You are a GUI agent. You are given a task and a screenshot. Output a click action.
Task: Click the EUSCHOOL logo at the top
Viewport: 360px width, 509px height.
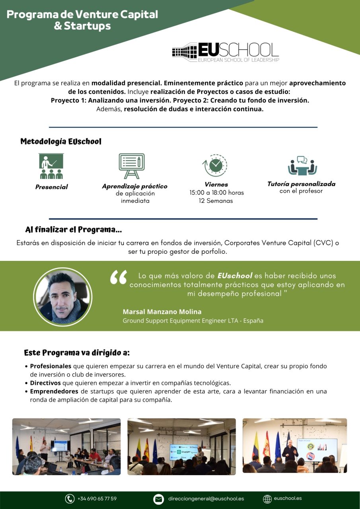pyautogui.click(x=226, y=52)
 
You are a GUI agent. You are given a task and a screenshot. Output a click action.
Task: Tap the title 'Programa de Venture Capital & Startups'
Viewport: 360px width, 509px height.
pyautogui.click(x=82, y=20)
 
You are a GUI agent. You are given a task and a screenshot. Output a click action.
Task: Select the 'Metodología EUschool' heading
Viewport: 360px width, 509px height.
pyautogui.click(x=61, y=142)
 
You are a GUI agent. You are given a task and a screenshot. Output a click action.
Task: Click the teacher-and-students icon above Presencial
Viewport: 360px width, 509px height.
pyautogui.click(x=51, y=166)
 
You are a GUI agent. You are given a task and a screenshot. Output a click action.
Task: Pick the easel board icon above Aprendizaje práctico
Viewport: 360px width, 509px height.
pyautogui.click(x=132, y=166)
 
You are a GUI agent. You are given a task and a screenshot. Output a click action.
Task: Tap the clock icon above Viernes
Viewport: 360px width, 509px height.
pyautogui.click(x=215, y=165)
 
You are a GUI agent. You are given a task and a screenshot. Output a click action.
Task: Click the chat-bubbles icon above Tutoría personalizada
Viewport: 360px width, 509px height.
pyautogui.click(x=302, y=166)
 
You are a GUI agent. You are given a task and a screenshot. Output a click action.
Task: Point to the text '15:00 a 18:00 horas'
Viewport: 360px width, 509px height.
pyautogui.click(x=216, y=192)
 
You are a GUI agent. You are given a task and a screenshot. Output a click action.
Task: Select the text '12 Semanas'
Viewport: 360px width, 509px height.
pyautogui.click(x=216, y=201)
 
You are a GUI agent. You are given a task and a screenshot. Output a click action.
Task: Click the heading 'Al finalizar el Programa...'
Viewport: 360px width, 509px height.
pyautogui.click(x=74, y=230)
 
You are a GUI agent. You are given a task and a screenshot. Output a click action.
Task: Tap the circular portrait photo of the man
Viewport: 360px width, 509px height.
pyautogui.click(x=62, y=297)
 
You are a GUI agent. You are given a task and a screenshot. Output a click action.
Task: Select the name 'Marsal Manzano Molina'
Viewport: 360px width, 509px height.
pyautogui.click(x=162, y=312)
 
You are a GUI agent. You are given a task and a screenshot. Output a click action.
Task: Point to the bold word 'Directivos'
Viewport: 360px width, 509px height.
pyautogui.click(x=45, y=383)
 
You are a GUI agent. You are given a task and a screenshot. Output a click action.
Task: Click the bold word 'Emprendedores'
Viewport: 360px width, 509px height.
pyautogui.click(x=54, y=391)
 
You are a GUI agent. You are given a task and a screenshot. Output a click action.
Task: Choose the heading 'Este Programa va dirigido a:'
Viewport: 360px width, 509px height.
pyautogui.click(x=77, y=353)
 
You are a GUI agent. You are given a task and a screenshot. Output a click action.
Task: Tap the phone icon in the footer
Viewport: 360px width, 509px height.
pyautogui.click(x=70, y=499)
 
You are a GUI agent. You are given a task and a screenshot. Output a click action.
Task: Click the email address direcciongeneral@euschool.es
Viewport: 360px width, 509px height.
pyautogui.click(x=206, y=499)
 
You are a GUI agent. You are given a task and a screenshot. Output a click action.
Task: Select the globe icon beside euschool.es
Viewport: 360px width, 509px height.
pyautogui.click(x=268, y=499)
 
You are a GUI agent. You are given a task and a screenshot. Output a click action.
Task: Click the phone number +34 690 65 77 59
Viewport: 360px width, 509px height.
pyautogui.click(x=97, y=499)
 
